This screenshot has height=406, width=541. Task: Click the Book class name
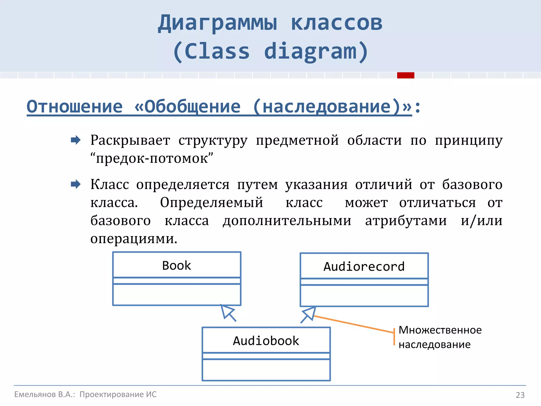(x=176, y=265)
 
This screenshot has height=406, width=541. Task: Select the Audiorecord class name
(x=364, y=266)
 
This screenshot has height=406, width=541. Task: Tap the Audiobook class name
(x=266, y=341)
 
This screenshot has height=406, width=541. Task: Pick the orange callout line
(x=354, y=324)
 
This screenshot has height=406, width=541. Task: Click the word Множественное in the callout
(x=440, y=330)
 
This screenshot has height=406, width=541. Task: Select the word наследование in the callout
(x=435, y=344)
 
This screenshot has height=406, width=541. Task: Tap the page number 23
(x=520, y=395)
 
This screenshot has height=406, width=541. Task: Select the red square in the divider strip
(x=405, y=75)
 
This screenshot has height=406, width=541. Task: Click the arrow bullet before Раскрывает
(x=76, y=140)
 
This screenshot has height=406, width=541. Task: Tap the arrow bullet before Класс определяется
(x=76, y=184)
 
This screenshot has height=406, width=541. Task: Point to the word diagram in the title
(x=310, y=51)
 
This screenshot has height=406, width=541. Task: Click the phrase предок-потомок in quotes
(x=152, y=158)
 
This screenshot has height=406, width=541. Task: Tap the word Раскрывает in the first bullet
(x=130, y=140)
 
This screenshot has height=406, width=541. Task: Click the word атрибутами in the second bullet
(x=406, y=220)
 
